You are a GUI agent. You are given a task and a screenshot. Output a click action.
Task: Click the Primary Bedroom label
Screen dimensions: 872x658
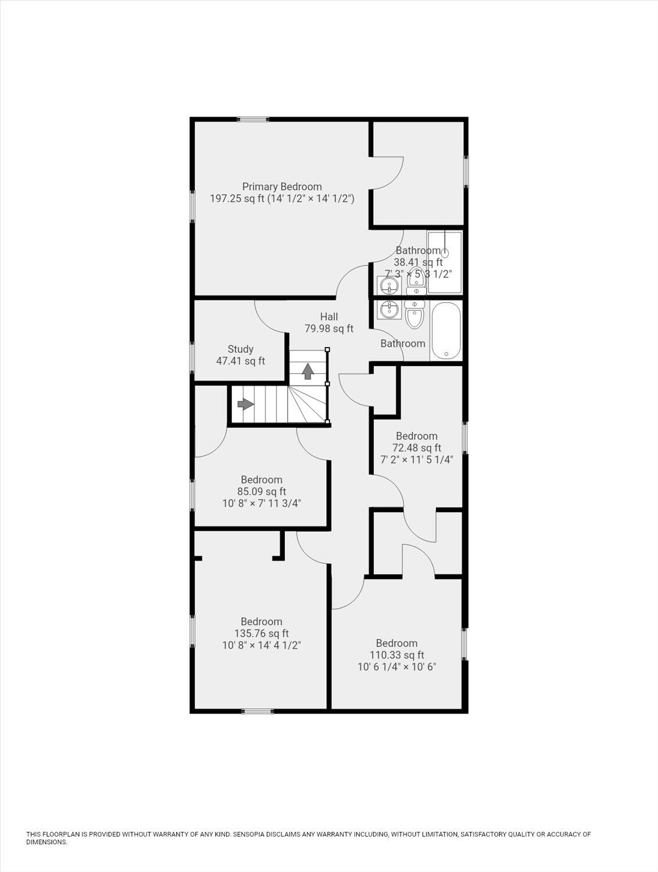[x=282, y=187]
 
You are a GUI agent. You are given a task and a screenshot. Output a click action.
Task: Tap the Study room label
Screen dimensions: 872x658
[x=240, y=349]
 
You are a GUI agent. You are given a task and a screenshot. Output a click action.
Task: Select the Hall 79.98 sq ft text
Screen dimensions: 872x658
[x=329, y=328]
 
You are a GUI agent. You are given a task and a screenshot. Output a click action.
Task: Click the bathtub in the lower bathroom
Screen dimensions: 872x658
[x=446, y=330]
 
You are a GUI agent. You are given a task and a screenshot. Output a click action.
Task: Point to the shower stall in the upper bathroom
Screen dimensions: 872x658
[x=445, y=262]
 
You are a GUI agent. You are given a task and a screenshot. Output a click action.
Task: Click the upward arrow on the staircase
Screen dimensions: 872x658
[x=308, y=371]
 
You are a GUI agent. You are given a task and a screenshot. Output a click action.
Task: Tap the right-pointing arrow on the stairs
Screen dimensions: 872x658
[x=245, y=403]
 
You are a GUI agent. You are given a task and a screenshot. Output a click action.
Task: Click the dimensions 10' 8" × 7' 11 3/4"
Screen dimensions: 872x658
[x=262, y=503]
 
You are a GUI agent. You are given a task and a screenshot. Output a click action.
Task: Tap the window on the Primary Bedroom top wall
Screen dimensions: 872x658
[x=253, y=120]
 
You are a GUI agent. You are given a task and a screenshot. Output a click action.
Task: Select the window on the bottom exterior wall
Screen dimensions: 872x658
[x=258, y=710]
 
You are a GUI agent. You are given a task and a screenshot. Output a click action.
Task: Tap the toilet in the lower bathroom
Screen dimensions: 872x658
[x=414, y=315]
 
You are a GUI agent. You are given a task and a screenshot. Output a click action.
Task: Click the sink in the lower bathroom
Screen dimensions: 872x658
[x=388, y=310]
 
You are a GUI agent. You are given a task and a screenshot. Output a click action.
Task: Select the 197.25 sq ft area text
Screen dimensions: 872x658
[x=237, y=199]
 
